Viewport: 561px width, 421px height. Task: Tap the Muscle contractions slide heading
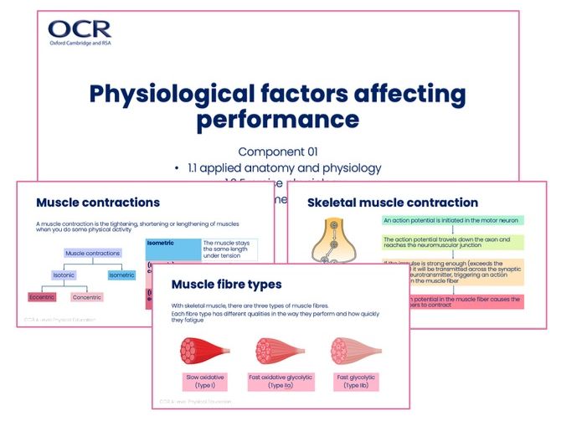98,203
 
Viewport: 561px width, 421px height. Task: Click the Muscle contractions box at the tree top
93,253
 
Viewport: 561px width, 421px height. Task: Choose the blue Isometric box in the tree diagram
121,275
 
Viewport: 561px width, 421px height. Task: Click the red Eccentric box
42,297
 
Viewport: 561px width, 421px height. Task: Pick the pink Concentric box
86,297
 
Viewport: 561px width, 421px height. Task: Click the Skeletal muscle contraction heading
393,203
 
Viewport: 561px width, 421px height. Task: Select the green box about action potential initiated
452,221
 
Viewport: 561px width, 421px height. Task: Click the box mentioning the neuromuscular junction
452,243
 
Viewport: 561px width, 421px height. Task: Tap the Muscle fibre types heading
226,285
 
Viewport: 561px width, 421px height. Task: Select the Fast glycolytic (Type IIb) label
351,382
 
